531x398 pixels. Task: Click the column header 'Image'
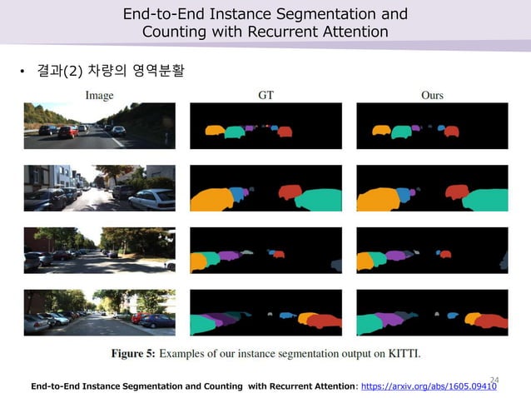tap(99, 96)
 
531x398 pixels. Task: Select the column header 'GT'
tap(265, 96)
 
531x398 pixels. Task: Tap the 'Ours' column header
tap(432, 96)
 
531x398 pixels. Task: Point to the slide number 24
tap(494, 380)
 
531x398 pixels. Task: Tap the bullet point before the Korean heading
tap(23, 72)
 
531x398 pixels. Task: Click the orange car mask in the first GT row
tap(215, 131)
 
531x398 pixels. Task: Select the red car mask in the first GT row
tap(285, 132)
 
